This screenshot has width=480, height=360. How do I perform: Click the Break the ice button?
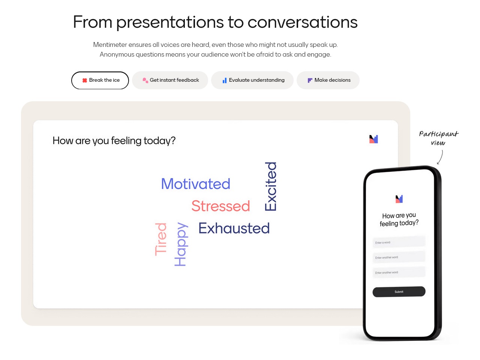pyautogui.click(x=100, y=80)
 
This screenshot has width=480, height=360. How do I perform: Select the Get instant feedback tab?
pyautogui.click(x=170, y=80)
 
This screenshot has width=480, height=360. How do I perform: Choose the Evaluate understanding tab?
pyautogui.click(x=252, y=80)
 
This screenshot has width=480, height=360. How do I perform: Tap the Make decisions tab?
pyautogui.click(x=328, y=80)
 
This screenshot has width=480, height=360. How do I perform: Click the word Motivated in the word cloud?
pyautogui.click(x=196, y=184)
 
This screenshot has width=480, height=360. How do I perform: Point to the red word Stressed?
pyautogui.click(x=220, y=206)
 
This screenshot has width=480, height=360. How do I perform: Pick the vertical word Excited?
pyautogui.click(x=270, y=186)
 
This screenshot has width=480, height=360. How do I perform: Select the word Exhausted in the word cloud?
pyautogui.click(x=234, y=228)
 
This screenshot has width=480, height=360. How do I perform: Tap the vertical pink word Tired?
pyautogui.click(x=161, y=239)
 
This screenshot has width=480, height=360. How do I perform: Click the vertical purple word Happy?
pyautogui.click(x=181, y=244)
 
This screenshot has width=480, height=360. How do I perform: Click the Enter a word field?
pyautogui.click(x=399, y=242)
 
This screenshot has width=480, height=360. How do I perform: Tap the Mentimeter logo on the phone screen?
pyautogui.click(x=399, y=199)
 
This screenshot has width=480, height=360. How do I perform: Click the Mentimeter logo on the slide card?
pyautogui.click(x=373, y=139)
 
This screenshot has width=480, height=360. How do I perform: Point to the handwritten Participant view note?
pyautogui.click(x=438, y=138)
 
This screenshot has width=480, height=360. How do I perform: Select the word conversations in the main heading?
pyautogui.click(x=302, y=22)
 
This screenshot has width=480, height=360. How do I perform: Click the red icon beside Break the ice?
pyautogui.click(x=85, y=80)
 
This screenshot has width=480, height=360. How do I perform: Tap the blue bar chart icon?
pyautogui.click(x=224, y=80)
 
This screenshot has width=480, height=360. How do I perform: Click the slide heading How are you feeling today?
pyautogui.click(x=114, y=141)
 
